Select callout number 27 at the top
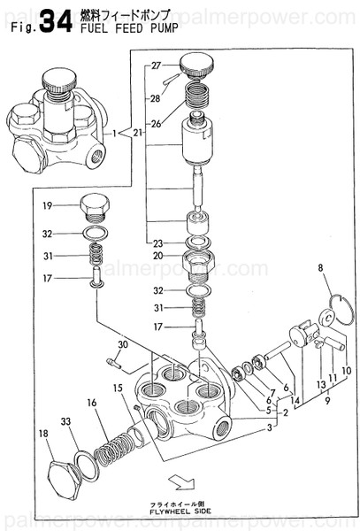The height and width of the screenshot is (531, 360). pos(157,66)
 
